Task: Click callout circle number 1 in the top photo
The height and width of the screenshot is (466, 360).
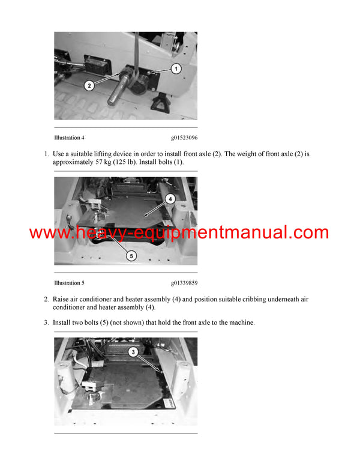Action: tap(176, 69)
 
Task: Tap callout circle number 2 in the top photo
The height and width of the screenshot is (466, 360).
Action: tap(89, 85)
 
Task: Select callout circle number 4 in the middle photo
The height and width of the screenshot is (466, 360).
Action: tap(170, 198)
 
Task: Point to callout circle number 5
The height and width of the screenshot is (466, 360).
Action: tap(131, 255)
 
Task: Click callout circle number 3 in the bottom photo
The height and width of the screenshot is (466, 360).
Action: tap(133, 352)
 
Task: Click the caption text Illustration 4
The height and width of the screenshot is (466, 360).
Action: tap(69, 138)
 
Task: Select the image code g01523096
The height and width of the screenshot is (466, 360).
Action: tap(184, 138)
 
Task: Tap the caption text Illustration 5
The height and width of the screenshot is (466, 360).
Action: tap(69, 283)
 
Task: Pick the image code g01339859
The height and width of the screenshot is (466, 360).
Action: tap(184, 283)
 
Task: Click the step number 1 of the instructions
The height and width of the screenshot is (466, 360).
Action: tap(46, 154)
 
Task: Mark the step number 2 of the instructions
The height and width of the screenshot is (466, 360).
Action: tap(46, 299)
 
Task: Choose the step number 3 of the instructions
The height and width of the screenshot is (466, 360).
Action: tap(46, 322)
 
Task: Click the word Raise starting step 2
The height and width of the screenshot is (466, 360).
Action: tap(62, 299)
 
